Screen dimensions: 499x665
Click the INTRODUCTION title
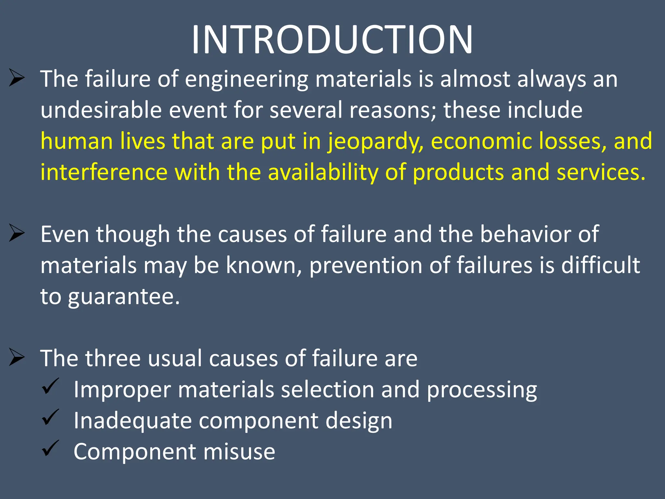click(x=332, y=40)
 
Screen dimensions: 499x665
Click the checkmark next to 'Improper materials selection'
click(x=50, y=387)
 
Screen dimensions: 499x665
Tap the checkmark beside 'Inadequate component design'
click(x=50, y=417)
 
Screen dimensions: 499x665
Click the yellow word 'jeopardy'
click(x=375, y=142)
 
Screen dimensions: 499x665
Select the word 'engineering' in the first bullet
click(x=246, y=80)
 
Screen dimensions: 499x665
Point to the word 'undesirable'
click(x=101, y=110)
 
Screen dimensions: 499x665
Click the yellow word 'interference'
click(x=104, y=172)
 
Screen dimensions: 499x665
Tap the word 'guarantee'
click(x=123, y=297)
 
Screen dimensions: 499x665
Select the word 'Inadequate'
click(x=133, y=421)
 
